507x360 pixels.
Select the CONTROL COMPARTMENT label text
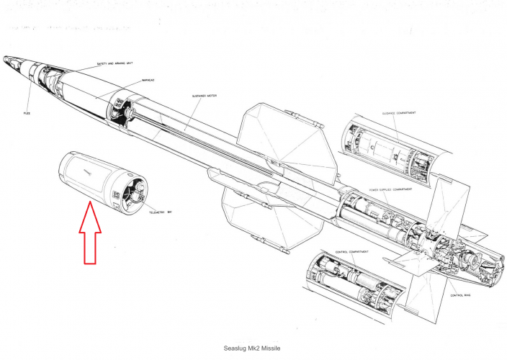pyautogui.click(x=352, y=251)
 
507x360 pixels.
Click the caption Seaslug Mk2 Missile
pyautogui.click(x=253, y=347)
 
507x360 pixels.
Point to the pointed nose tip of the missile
pyautogui.click(x=6, y=57)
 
